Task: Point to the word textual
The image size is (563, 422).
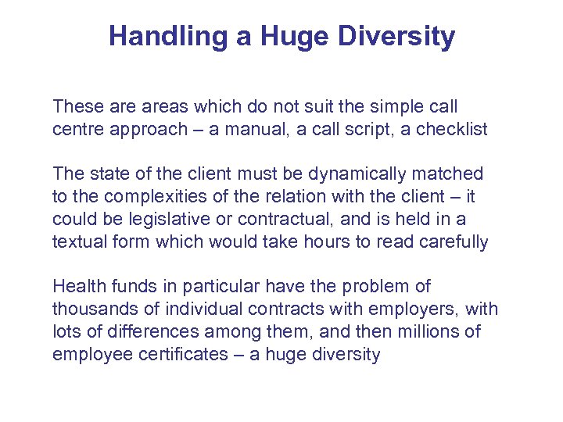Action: point(79,241)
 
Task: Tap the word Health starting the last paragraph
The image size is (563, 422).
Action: point(77,287)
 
